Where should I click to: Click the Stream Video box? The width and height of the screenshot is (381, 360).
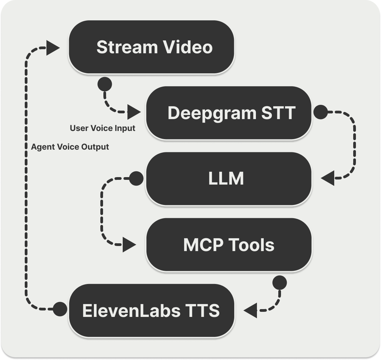point(151,47)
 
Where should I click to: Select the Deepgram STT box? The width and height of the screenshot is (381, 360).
point(228,113)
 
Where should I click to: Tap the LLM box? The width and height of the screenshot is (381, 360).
point(228,178)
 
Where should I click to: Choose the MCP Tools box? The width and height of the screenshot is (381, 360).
point(228,244)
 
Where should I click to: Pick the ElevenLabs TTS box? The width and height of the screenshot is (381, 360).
point(151,310)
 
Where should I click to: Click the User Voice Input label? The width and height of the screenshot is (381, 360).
point(102,128)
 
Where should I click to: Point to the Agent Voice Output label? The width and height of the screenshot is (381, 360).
point(70,147)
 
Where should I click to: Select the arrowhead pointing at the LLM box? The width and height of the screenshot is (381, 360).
point(328,178)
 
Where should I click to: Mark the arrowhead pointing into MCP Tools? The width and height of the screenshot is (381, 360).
point(129,245)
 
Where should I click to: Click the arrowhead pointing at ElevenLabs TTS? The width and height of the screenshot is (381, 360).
point(250,310)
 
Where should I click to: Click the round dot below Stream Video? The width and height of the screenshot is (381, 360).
point(104,83)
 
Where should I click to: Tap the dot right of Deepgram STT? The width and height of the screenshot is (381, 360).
point(320,112)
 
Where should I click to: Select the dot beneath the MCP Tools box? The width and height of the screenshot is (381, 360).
point(280,282)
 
